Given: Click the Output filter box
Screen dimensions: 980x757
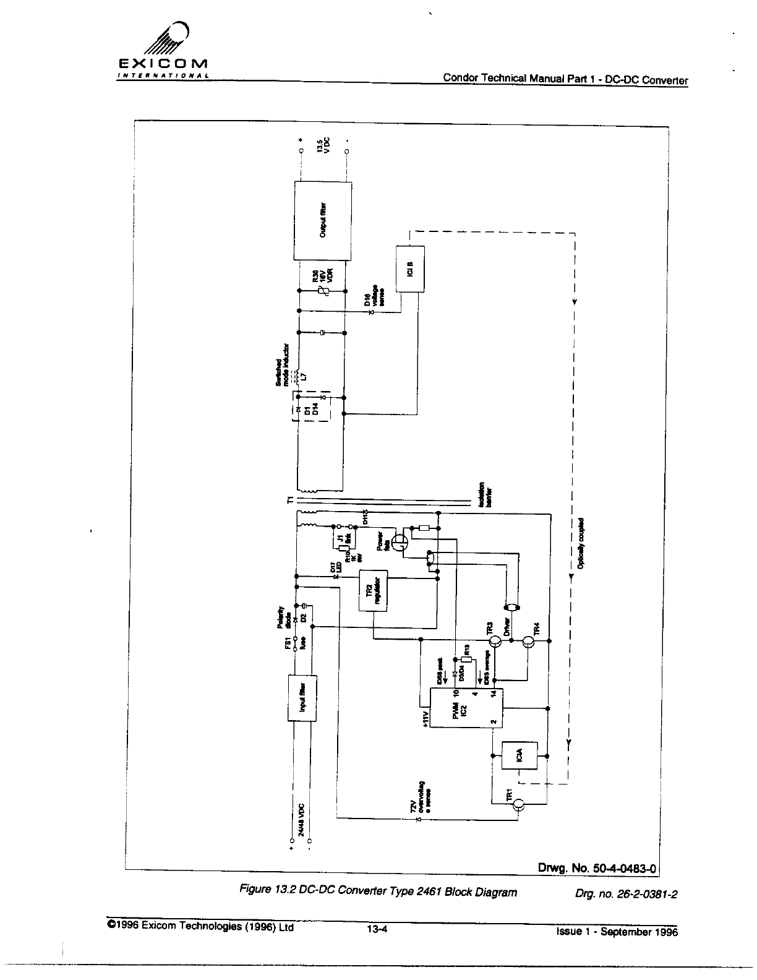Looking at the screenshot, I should click(x=323, y=221).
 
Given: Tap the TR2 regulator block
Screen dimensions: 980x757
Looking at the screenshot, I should click(x=374, y=589).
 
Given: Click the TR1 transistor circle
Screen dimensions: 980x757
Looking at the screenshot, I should click(x=519, y=804).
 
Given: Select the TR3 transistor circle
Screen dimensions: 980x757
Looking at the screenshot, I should click(x=495, y=642).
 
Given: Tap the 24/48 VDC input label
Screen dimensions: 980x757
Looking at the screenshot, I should click(x=301, y=820).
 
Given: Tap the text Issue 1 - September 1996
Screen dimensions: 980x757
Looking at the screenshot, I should click(x=616, y=931).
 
